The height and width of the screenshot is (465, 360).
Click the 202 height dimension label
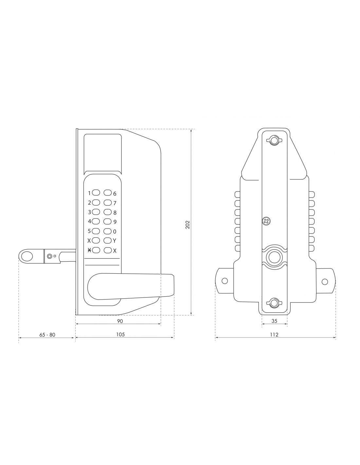188,224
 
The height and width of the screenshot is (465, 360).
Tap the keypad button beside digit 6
108,193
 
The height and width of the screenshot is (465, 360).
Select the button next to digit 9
108,221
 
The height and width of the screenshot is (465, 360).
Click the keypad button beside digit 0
108,231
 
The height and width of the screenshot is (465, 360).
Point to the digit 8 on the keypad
115,213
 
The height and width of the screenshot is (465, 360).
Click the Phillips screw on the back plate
266,221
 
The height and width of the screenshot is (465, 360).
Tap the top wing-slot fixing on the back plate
274,140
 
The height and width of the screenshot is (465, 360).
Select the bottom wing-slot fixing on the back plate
274,303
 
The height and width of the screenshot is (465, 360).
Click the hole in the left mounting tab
225,281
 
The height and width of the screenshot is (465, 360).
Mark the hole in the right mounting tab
325,282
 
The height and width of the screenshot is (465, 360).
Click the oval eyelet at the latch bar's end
27,256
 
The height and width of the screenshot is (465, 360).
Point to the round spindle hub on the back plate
274,257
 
